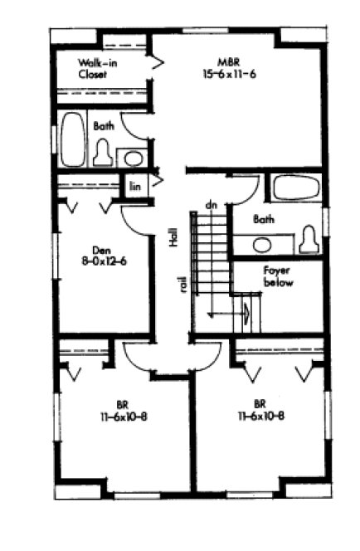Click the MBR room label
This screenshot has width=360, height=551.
coord(229,61)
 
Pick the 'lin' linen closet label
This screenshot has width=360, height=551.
coord(134,186)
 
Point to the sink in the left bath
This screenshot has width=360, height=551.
coord(132,158)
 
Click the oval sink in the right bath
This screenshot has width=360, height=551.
coord(262,245)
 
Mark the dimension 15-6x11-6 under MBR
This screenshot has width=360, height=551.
coord(229,75)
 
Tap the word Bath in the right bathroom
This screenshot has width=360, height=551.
coord(264,220)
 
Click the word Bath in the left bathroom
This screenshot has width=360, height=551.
coord(104,126)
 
